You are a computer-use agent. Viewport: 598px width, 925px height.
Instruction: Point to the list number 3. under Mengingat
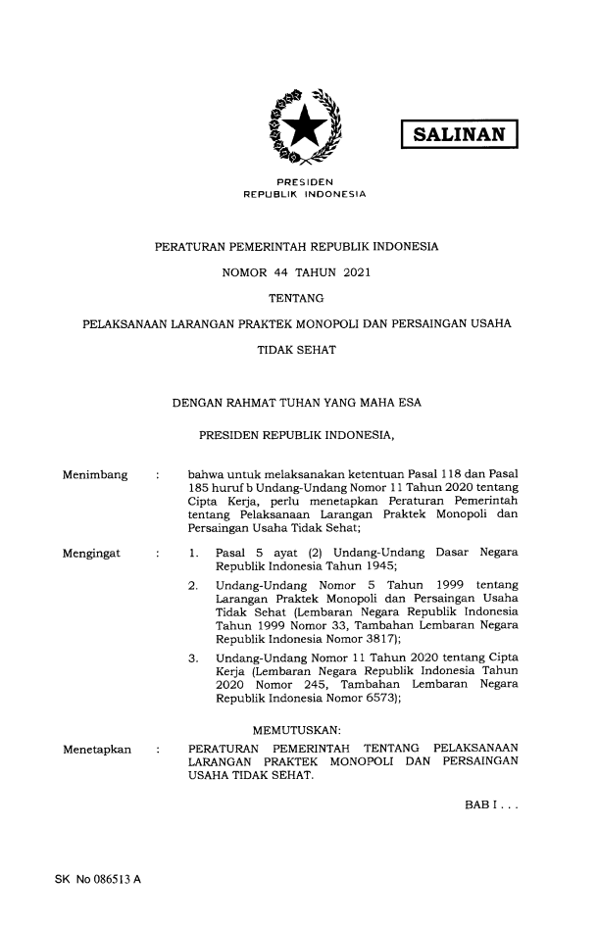193,654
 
